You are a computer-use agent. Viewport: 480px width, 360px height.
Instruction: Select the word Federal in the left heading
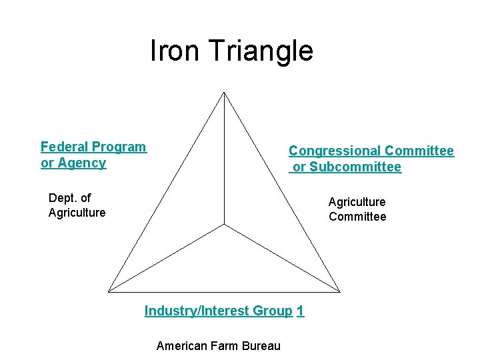tap(65, 147)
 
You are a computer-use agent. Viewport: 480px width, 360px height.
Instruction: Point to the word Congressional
tap(335, 151)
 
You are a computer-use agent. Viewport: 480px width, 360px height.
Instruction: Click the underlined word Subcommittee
tap(347, 167)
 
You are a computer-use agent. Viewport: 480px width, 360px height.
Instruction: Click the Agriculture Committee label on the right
tap(357, 209)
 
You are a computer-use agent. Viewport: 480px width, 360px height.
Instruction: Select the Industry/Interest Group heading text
tap(218, 311)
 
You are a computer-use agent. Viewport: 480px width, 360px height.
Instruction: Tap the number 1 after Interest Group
tap(301, 311)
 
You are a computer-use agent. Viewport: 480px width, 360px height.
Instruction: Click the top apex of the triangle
tap(224, 93)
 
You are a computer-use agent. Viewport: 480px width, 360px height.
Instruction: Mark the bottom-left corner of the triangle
tap(109, 291)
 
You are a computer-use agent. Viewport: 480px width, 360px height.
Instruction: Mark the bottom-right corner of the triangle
tap(340, 291)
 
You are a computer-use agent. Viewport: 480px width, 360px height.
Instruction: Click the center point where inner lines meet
tap(224, 225)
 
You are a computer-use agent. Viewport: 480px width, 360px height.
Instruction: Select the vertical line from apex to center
tap(224, 160)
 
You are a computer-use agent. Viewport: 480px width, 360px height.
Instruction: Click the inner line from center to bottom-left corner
tap(167, 258)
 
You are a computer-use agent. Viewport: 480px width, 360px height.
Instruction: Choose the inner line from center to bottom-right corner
tap(282, 258)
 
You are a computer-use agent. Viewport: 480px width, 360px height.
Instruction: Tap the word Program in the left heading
tap(119, 147)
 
